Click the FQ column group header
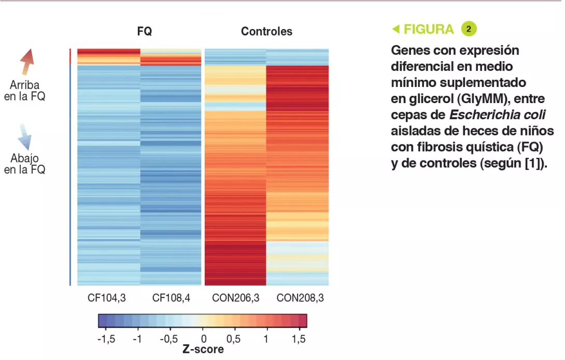tap(145, 32)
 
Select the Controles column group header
tap(266, 32)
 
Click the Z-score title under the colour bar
tap(203, 350)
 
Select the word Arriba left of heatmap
tap(24, 85)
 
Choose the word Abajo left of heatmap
tap(24, 159)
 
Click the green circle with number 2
tap(469, 29)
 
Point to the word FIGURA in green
tap(428, 30)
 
